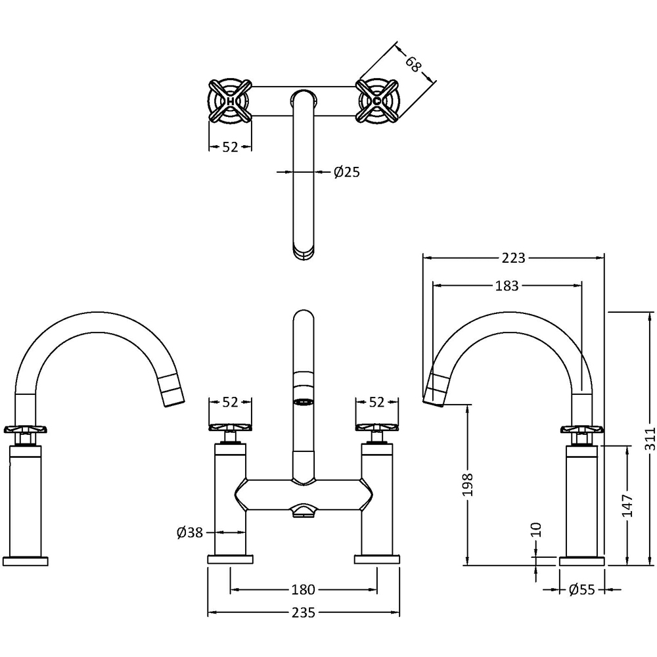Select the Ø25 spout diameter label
(346, 172)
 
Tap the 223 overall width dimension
(512, 258)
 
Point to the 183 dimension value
(507, 286)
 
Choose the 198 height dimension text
(467, 484)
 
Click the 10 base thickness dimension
(537, 530)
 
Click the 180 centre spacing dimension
(303, 589)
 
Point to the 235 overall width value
(303, 612)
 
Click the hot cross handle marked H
(230, 101)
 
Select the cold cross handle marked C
(376, 101)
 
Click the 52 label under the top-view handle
(229, 147)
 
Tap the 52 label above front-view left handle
(229, 401)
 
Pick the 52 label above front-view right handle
(376, 401)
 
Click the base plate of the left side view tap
(26, 560)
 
